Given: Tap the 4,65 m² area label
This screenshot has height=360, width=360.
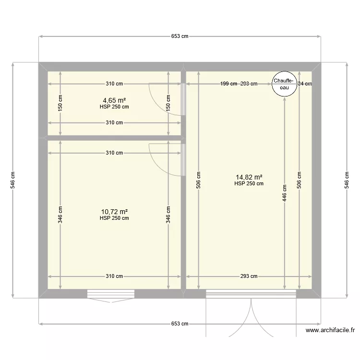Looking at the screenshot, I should (x=114, y=101).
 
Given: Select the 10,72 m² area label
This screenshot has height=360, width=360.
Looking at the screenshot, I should (x=114, y=212).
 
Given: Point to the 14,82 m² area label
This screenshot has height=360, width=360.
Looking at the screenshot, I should (x=249, y=177).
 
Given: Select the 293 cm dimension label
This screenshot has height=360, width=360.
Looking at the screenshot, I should (x=249, y=276).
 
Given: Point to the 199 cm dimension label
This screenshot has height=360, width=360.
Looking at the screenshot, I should (x=228, y=84).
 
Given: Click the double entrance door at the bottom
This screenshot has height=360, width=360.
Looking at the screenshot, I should (x=250, y=312).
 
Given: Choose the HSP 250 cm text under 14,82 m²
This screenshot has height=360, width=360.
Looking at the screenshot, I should (x=249, y=183).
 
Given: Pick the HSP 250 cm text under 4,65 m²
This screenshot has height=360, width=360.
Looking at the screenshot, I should (x=114, y=107).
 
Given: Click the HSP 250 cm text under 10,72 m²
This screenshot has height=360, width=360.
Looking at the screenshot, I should (x=114, y=218).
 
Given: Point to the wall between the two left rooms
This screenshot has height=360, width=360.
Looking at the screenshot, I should (x=114, y=138).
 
